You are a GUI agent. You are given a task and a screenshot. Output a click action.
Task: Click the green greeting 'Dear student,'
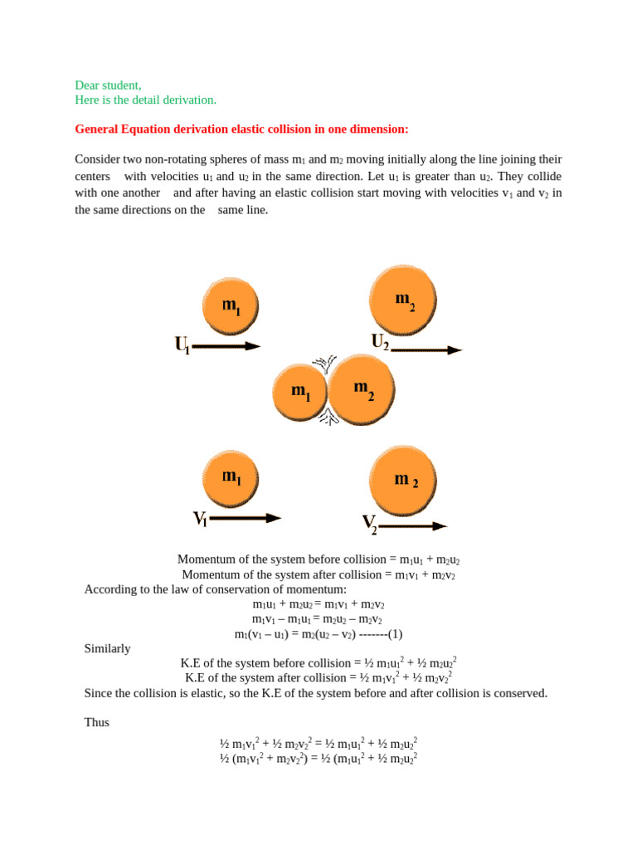pos(108,85)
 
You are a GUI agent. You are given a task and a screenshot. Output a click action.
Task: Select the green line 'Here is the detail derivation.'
pos(145,100)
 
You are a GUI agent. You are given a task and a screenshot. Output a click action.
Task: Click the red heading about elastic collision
pos(241,129)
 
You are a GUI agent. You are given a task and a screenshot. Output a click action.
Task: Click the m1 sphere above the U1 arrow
pos(231,305)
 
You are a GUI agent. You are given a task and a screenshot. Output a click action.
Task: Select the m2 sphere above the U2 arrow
pos(403,300)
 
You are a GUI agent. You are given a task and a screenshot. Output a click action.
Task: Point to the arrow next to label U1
pos(226,346)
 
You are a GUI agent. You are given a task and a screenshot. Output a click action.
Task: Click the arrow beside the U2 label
pos(425,350)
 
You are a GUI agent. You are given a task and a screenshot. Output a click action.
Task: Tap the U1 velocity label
pos(182,344)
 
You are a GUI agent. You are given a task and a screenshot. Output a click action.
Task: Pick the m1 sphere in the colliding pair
pos(299,392)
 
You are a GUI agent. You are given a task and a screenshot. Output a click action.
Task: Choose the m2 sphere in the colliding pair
pos(362,389)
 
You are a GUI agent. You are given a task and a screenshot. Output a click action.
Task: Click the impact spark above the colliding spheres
pos(323,364)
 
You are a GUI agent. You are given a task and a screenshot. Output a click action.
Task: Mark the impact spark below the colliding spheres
pos(328,418)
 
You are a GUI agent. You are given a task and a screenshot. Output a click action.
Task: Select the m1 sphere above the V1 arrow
pos(231,478)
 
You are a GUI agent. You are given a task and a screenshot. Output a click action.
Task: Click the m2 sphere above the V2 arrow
pos(403,480)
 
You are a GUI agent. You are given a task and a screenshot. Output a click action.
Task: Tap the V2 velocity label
pos(369,524)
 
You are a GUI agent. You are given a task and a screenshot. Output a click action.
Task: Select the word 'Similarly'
pos(107,648)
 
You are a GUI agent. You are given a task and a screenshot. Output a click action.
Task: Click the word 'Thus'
pos(96,722)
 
